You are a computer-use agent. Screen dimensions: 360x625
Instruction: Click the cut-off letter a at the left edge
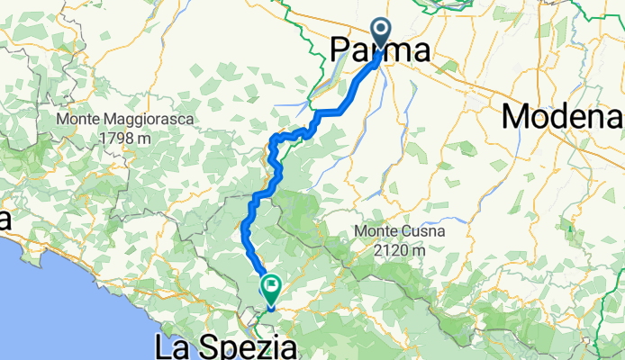pos(5,220)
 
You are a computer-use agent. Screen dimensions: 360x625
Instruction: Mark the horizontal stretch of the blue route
pos(331,112)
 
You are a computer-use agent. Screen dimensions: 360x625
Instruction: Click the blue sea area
pos(54,306)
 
